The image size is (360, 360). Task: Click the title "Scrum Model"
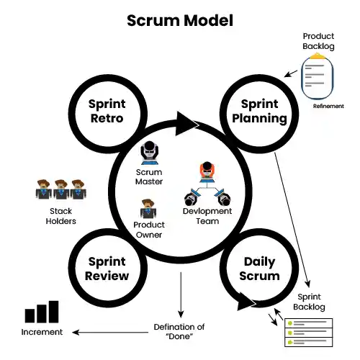[x=179, y=19]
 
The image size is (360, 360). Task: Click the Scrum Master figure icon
[x=150, y=153]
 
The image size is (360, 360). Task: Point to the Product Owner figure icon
[x=149, y=210]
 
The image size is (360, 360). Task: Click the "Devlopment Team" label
[x=207, y=216]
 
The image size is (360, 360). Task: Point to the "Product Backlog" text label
[x=318, y=41]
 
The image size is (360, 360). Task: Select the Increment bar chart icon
[x=41, y=312]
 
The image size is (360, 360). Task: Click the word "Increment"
[x=41, y=332]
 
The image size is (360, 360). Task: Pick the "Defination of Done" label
[x=179, y=332]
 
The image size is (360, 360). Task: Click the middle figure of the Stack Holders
[x=61, y=190]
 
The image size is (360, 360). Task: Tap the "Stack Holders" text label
[x=62, y=216]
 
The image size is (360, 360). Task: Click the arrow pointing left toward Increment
[x=108, y=332]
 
